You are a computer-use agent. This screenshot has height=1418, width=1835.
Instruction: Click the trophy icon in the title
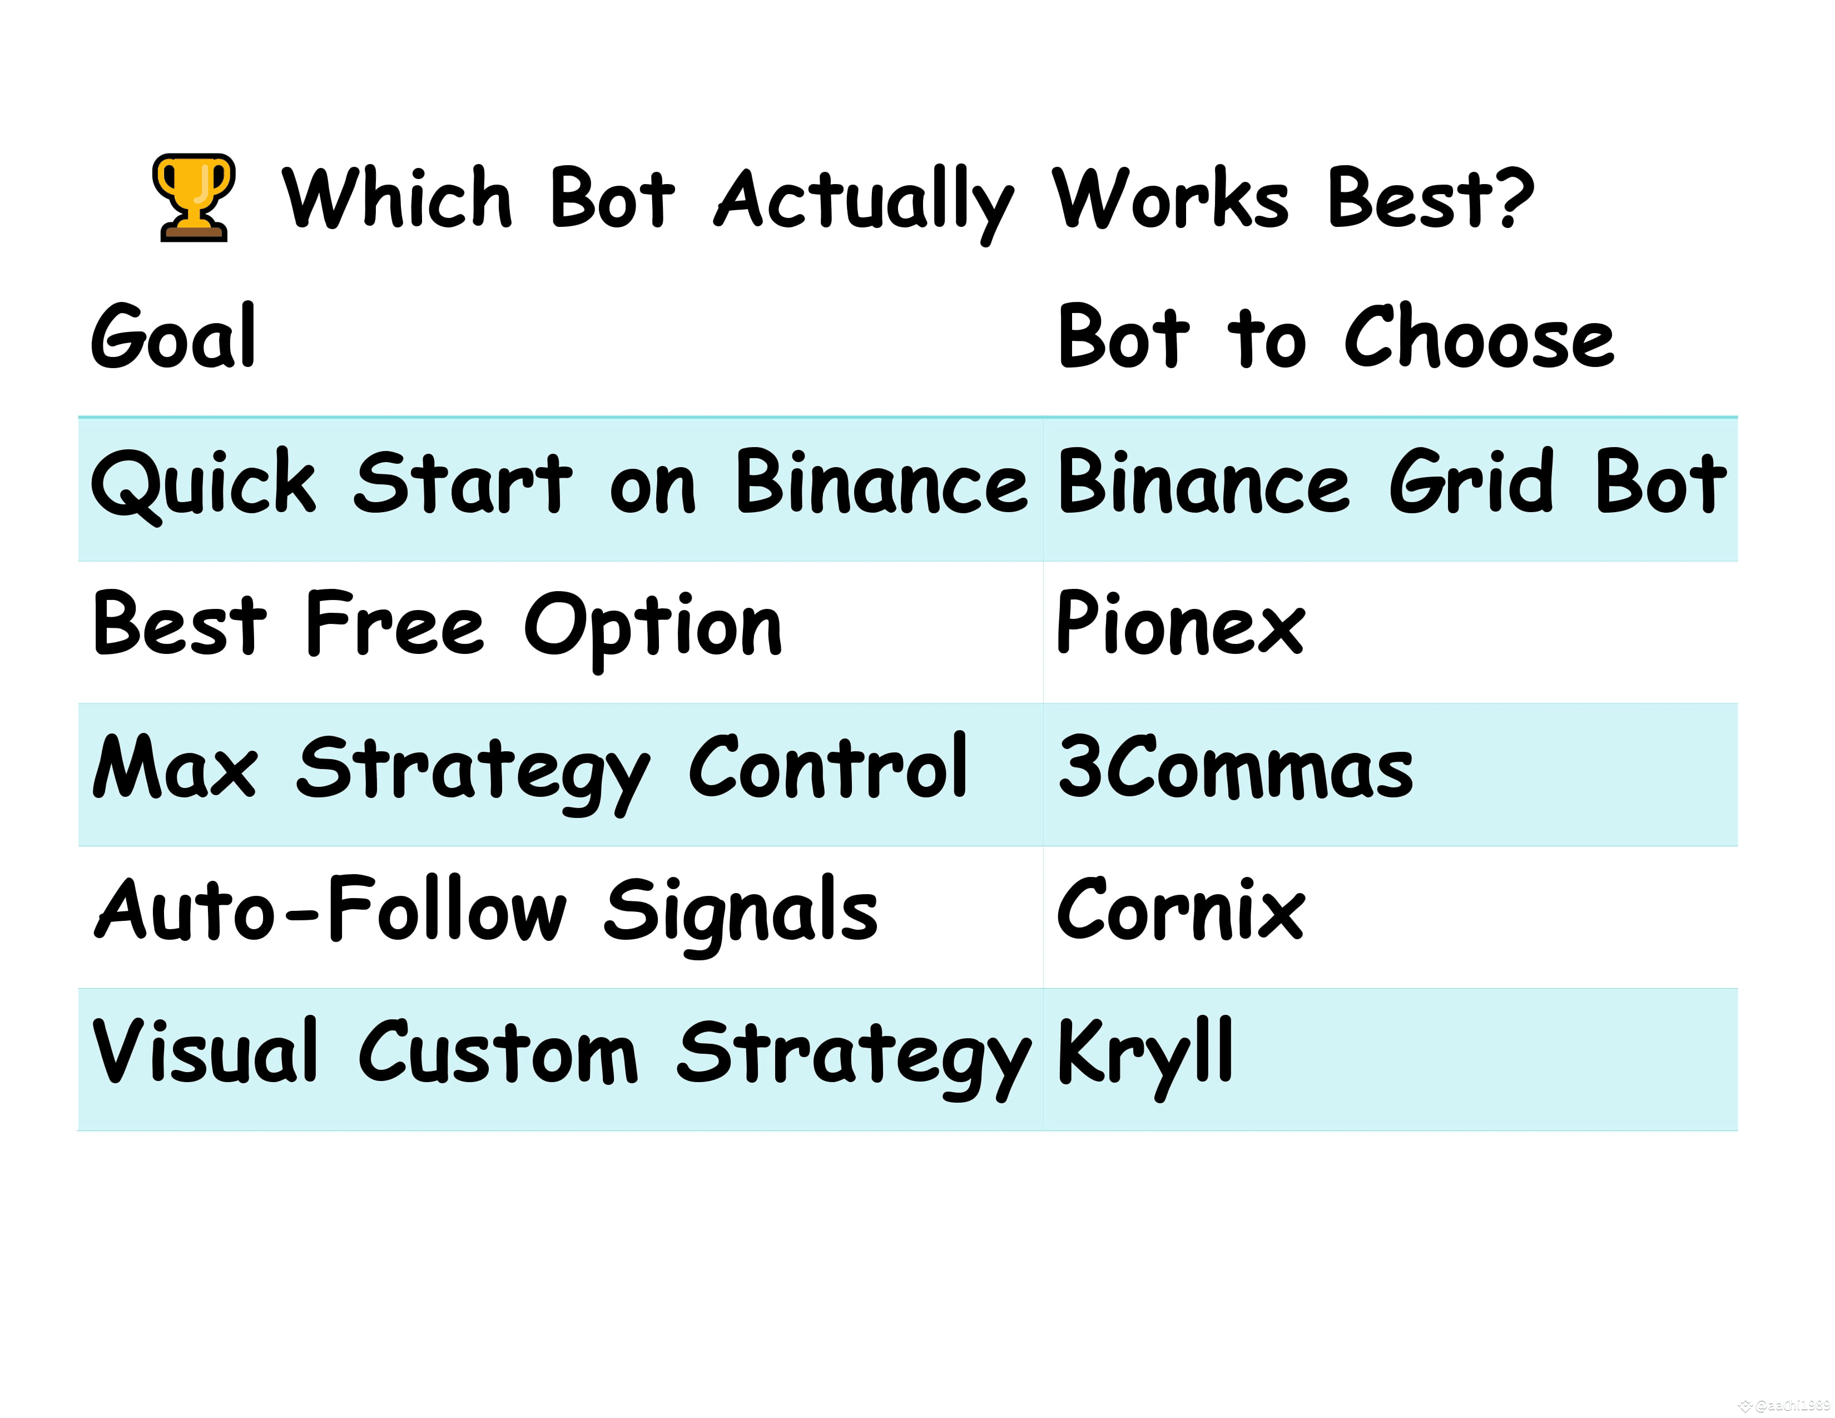pyautogui.click(x=194, y=199)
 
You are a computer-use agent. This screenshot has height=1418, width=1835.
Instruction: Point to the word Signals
pyautogui.click(x=740, y=913)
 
